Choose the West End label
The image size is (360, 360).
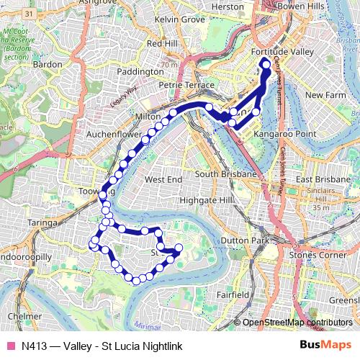(163, 179)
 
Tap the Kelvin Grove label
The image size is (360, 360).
(180, 19)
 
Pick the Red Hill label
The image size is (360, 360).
(161, 43)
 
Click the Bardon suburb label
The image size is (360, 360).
(48, 64)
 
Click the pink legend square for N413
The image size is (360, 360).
(10, 346)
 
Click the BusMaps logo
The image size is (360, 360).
(326, 346)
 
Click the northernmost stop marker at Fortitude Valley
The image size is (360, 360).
(266, 65)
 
